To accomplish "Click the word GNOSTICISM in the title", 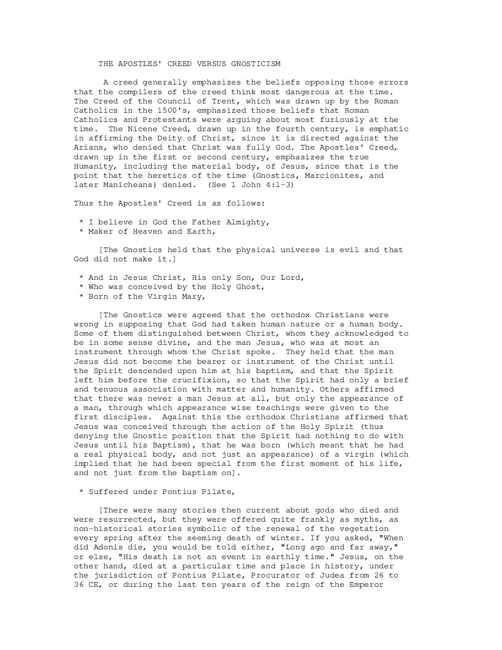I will point(256,64).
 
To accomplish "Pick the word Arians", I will point(89,147).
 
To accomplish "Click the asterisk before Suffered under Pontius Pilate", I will point(81,492).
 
